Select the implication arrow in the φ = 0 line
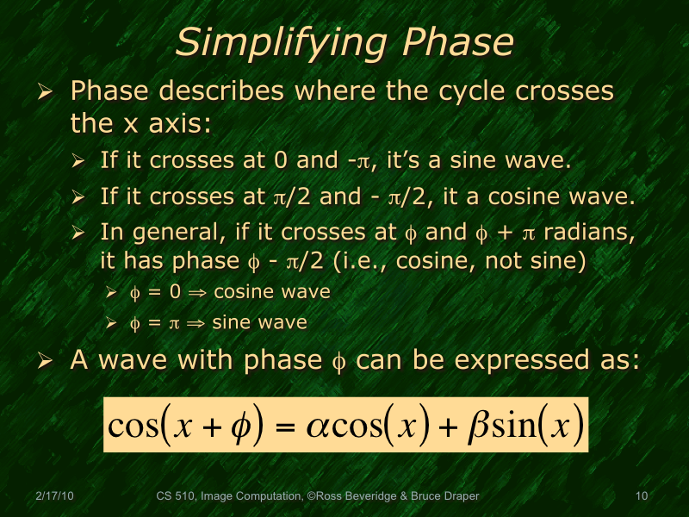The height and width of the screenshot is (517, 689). click(x=197, y=292)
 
